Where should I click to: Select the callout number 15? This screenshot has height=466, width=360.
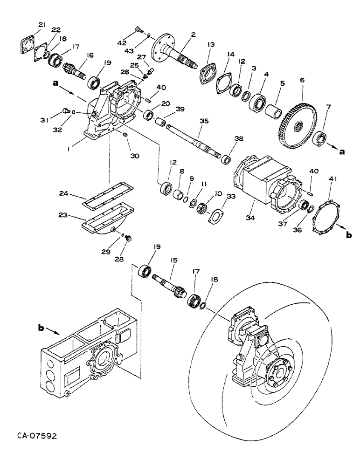pyautogui.click(x=172, y=263)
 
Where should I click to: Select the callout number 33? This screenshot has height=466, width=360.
pyautogui.click(x=217, y=198)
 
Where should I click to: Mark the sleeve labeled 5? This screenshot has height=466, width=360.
pyautogui.click(x=275, y=112)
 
